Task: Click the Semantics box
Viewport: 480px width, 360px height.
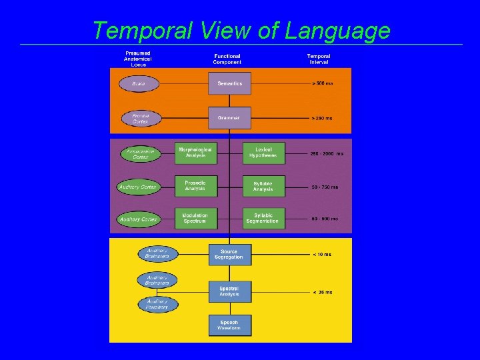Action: (229, 83)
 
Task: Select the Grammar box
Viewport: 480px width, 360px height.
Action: (229, 118)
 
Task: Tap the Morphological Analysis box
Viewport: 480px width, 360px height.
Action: (195, 153)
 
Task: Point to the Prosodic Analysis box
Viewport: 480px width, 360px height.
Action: (195, 186)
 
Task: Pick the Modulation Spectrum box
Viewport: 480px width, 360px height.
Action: (195, 218)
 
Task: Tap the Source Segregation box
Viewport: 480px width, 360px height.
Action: (229, 254)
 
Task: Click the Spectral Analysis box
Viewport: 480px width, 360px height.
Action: (229, 291)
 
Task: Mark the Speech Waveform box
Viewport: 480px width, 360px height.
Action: (229, 325)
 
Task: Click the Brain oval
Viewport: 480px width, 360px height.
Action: (139, 84)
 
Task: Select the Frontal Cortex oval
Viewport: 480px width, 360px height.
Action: (141, 119)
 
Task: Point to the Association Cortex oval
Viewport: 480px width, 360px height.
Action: (141, 154)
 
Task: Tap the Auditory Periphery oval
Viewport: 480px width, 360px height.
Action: (158, 304)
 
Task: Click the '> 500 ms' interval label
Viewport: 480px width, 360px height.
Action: (322, 84)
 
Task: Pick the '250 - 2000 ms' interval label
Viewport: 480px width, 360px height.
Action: (327, 153)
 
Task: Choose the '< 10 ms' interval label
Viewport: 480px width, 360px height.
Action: (321, 254)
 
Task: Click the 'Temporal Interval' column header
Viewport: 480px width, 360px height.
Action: (319, 59)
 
